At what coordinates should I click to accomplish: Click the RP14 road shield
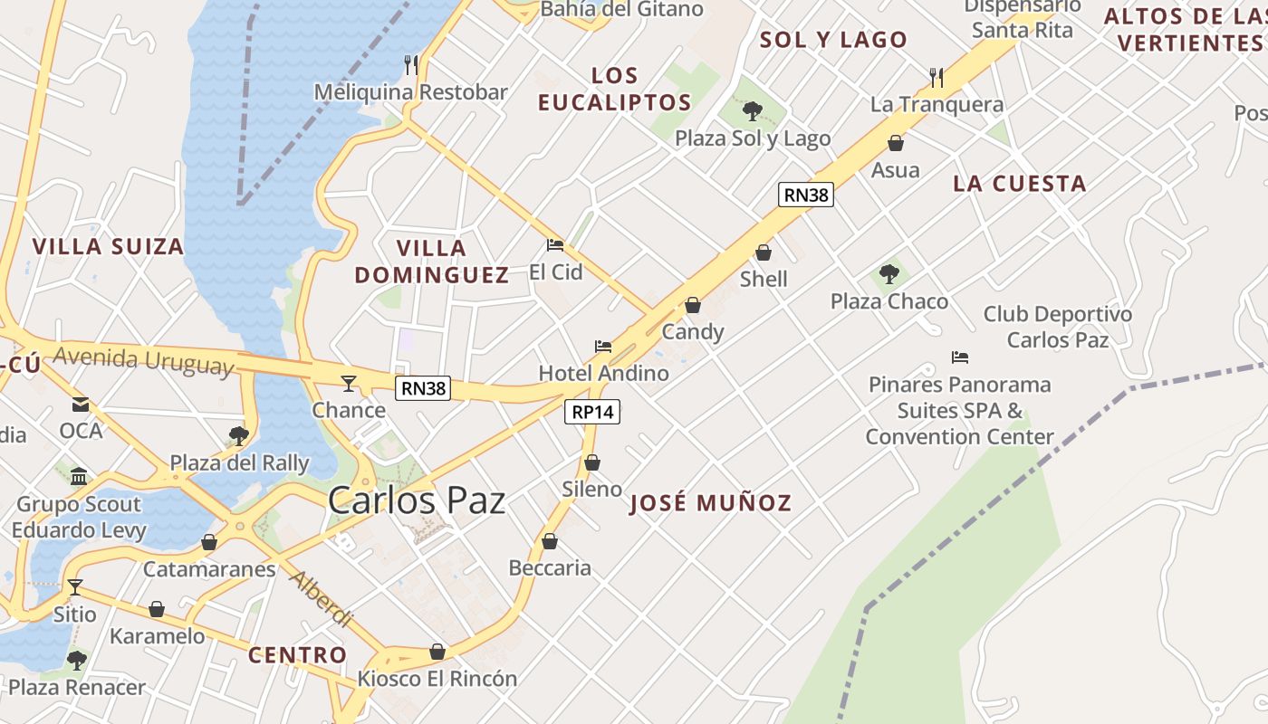(592, 412)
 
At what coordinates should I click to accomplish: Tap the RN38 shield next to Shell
(805, 195)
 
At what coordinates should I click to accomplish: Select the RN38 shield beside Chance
(423, 388)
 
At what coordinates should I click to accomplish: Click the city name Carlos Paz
(417, 500)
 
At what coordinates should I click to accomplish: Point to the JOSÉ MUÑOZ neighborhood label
(711, 503)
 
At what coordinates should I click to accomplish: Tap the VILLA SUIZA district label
(108, 246)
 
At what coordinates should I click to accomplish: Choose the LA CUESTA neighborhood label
(1019, 184)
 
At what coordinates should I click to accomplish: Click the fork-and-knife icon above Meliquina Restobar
(411, 64)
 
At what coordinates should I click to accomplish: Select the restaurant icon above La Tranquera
(937, 78)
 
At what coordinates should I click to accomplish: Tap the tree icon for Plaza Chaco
(889, 273)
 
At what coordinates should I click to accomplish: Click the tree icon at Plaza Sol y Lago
(752, 111)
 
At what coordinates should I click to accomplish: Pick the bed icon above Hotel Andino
(603, 346)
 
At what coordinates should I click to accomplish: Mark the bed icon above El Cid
(555, 244)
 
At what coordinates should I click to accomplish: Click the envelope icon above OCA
(81, 404)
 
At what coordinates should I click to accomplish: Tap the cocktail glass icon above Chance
(349, 383)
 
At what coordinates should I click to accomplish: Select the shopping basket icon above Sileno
(592, 462)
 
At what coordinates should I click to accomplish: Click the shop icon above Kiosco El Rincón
(437, 652)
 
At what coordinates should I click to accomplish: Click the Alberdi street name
(321, 598)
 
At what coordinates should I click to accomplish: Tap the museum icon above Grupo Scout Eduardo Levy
(79, 476)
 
